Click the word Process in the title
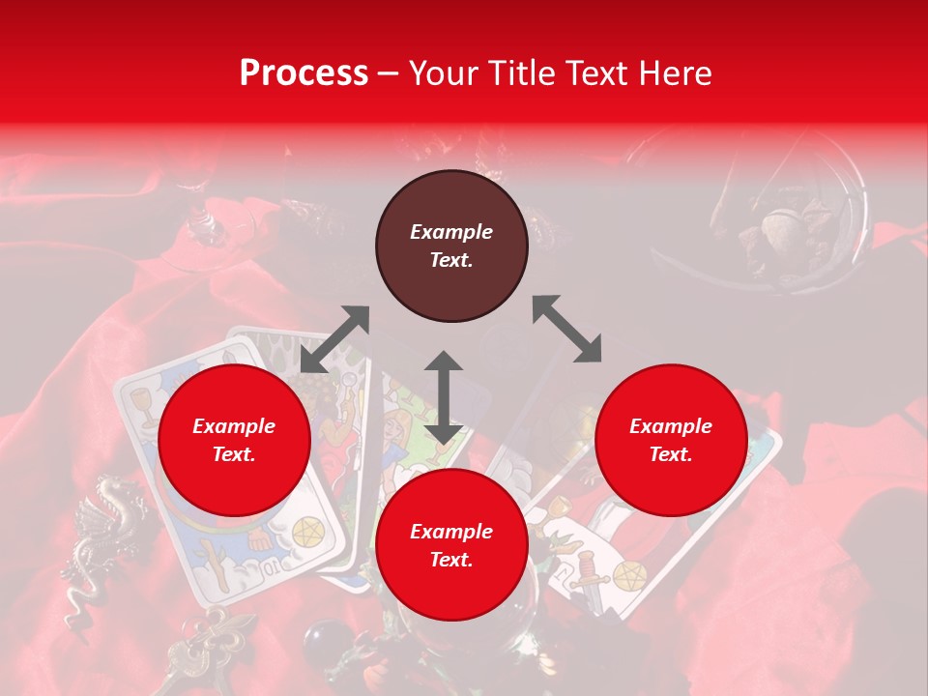coord(304,73)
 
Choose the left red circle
coord(234,441)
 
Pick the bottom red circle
coord(451,545)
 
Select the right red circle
coord(671,441)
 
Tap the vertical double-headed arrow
coord(444,397)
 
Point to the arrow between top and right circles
coord(566,329)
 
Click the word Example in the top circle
coord(451,232)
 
